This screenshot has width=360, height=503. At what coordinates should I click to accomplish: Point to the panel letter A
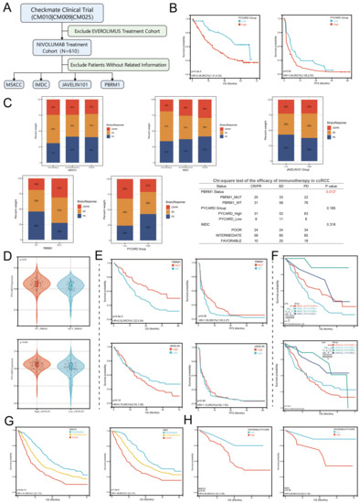pyautogui.click(x=6, y=6)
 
